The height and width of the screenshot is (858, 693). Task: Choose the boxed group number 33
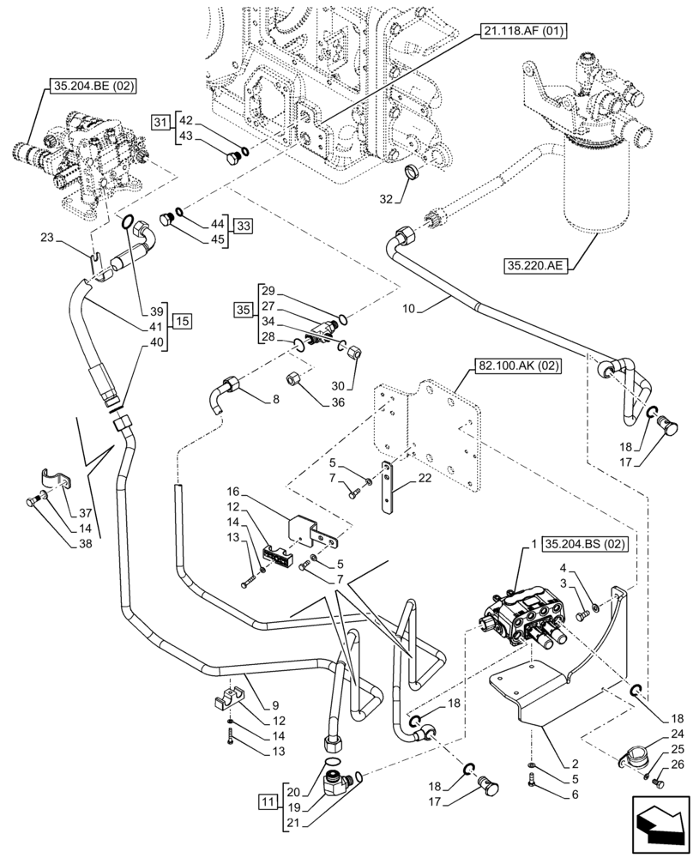[244, 227]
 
